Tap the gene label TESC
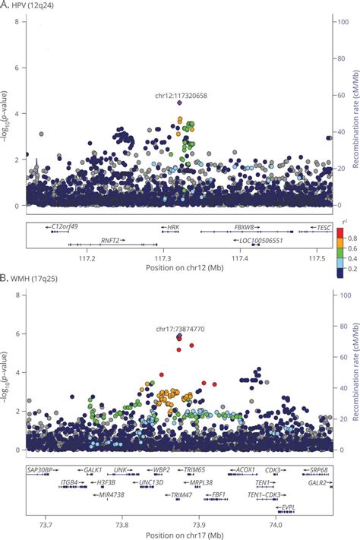coord(324,227)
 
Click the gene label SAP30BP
coord(43,470)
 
